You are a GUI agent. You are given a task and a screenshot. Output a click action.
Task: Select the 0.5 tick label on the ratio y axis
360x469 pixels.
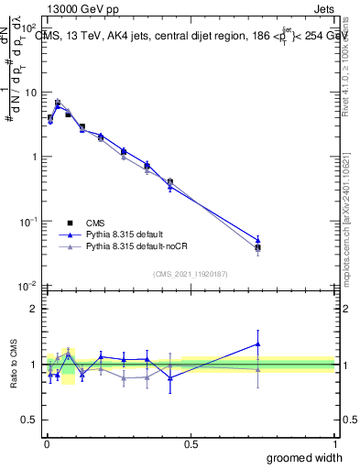(30, 421)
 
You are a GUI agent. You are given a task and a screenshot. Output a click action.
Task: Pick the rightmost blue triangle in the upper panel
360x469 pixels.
(257, 241)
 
